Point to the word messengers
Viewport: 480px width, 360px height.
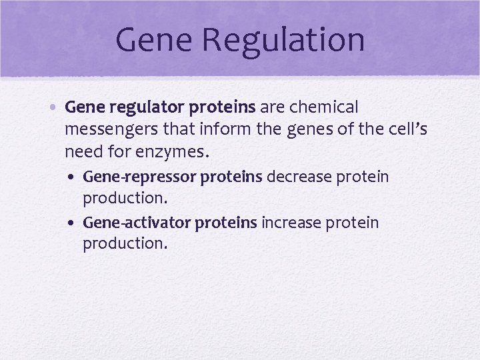112,129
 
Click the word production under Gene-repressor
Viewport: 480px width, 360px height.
124,199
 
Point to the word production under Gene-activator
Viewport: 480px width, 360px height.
124,244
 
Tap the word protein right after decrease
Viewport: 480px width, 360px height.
363,177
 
